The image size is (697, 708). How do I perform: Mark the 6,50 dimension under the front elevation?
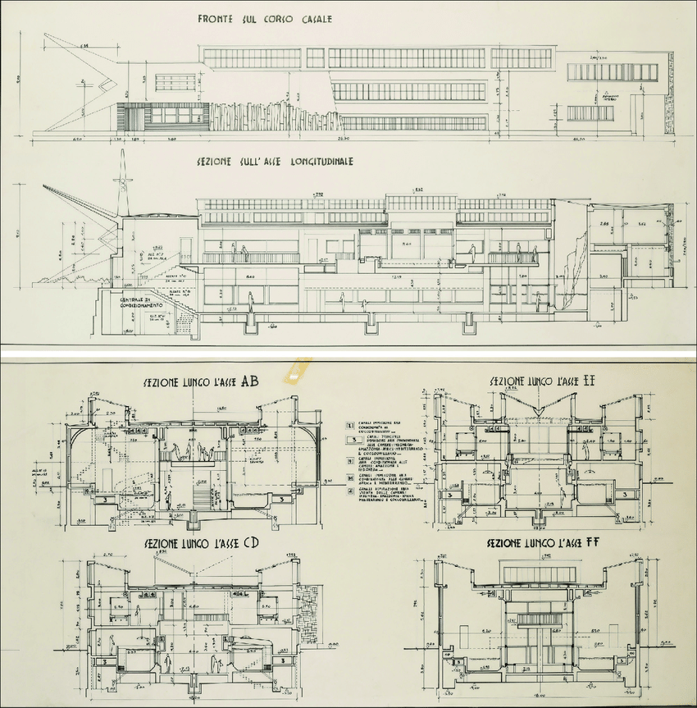coord(78,139)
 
